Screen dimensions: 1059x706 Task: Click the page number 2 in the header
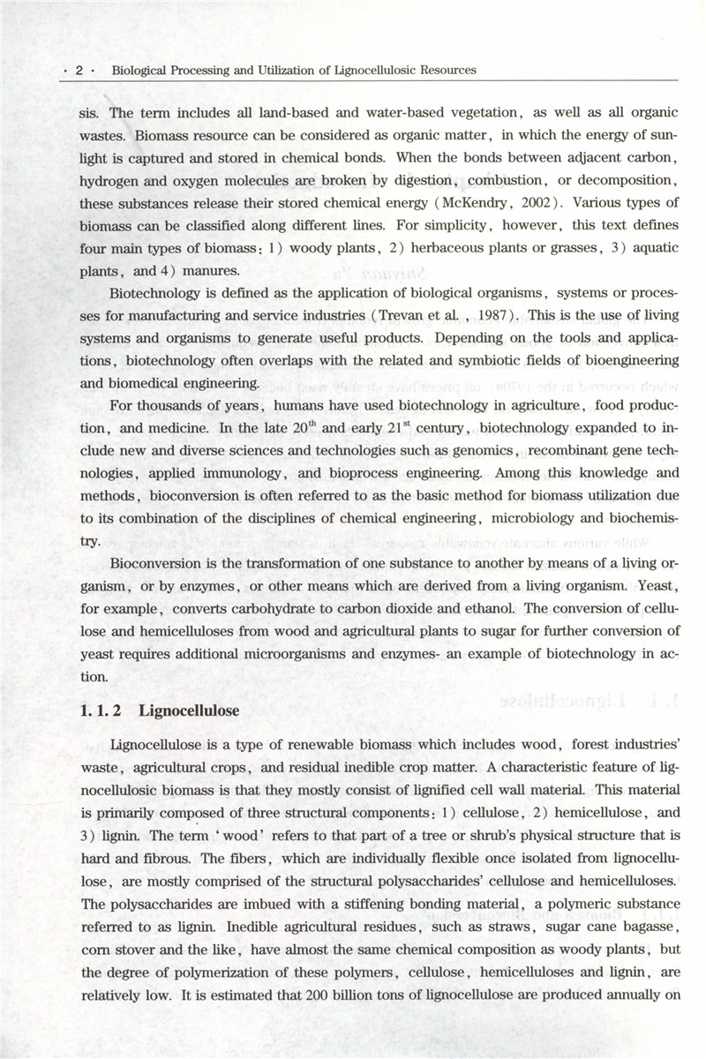pos(79,70)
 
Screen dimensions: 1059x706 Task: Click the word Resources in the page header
pos(447,70)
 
